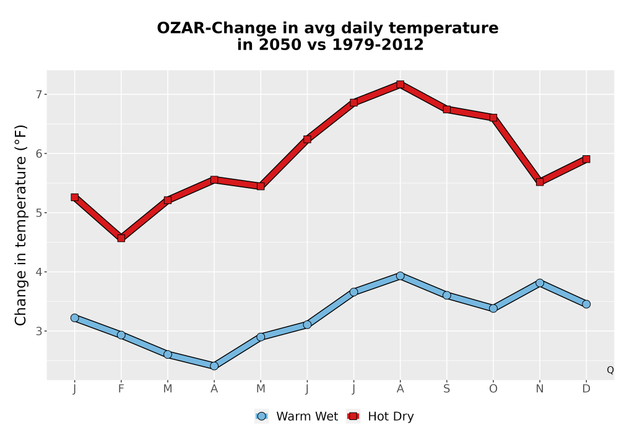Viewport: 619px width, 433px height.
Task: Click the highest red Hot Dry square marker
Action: point(400,84)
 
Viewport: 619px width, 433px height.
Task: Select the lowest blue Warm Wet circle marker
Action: point(214,366)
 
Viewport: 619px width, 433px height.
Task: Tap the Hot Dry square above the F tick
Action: point(121,238)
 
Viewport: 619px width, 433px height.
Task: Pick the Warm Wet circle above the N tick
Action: point(540,283)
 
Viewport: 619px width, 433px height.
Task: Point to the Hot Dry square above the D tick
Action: point(586,159)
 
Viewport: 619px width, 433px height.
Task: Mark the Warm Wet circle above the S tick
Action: point(446,295)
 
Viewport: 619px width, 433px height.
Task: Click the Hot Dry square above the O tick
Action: point(493,118)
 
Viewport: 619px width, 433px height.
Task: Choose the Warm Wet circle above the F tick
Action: point(121,335)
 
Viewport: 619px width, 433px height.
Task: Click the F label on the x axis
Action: point(121,389)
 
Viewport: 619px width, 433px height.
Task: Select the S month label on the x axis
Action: point(446,389)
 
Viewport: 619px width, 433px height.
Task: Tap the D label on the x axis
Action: point(586,389)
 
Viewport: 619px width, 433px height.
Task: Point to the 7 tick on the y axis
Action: point(39,95)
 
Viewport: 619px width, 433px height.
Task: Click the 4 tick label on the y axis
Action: point(39,272)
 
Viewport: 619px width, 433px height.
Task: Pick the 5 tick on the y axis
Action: point(39,213)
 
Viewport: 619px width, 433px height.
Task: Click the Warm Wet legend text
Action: point(307,416)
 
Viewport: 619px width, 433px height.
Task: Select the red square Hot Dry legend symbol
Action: point(353,416)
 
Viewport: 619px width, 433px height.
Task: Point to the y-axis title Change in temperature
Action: point(20,225)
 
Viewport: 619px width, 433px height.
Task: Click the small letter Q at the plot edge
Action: point(610,370)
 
